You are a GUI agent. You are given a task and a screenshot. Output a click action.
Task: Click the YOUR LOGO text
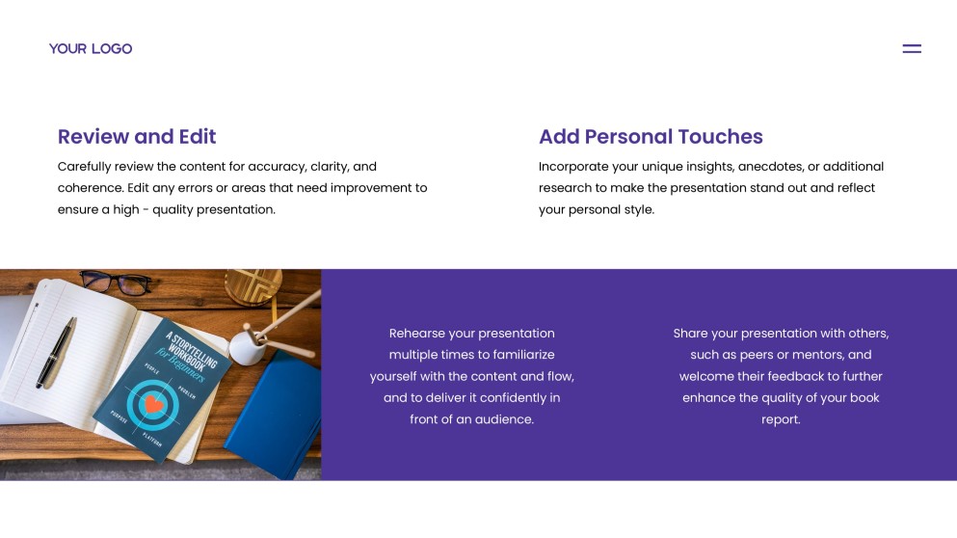click(x=91, y=49)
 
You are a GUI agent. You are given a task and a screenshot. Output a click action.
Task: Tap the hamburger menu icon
click(x=912, y=49)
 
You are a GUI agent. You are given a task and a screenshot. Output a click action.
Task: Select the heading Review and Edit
click(x=137, y=136)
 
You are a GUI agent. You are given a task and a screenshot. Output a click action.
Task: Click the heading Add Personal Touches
click(x=651, y=136)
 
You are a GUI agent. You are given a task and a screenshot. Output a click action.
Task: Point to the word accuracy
click(x=277, y=167)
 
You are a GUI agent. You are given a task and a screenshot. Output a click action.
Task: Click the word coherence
click(x=90, y=188)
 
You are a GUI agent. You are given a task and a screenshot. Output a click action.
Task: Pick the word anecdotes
click(x=770, y=167)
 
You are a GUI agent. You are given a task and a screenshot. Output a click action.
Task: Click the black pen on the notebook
click(x=56, y=352)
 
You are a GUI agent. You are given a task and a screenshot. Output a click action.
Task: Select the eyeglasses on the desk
click(x=115, y=283)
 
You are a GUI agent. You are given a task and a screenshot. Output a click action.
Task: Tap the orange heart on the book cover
click(x=154, y=404)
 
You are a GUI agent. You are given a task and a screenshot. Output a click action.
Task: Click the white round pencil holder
click(x=249, y=346)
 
